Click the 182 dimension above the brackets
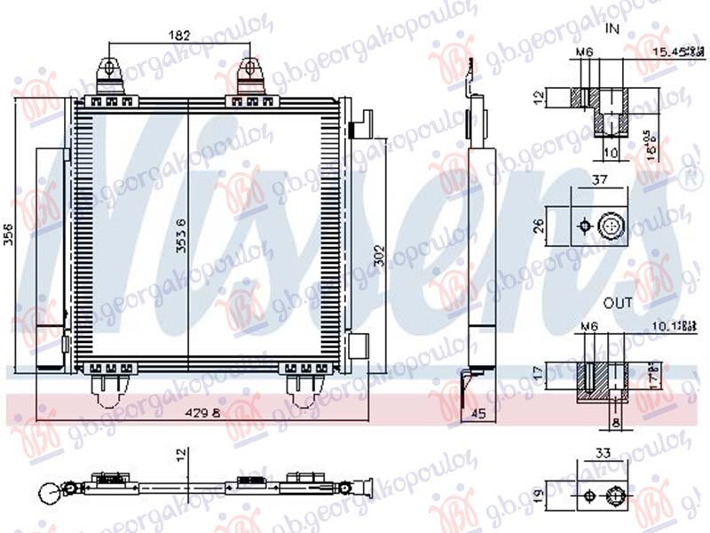point(179,36)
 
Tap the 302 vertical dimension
point(378,253)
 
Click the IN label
point(612,28)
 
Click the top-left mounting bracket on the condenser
point(110,73)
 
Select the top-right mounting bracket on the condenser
point(251,73)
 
